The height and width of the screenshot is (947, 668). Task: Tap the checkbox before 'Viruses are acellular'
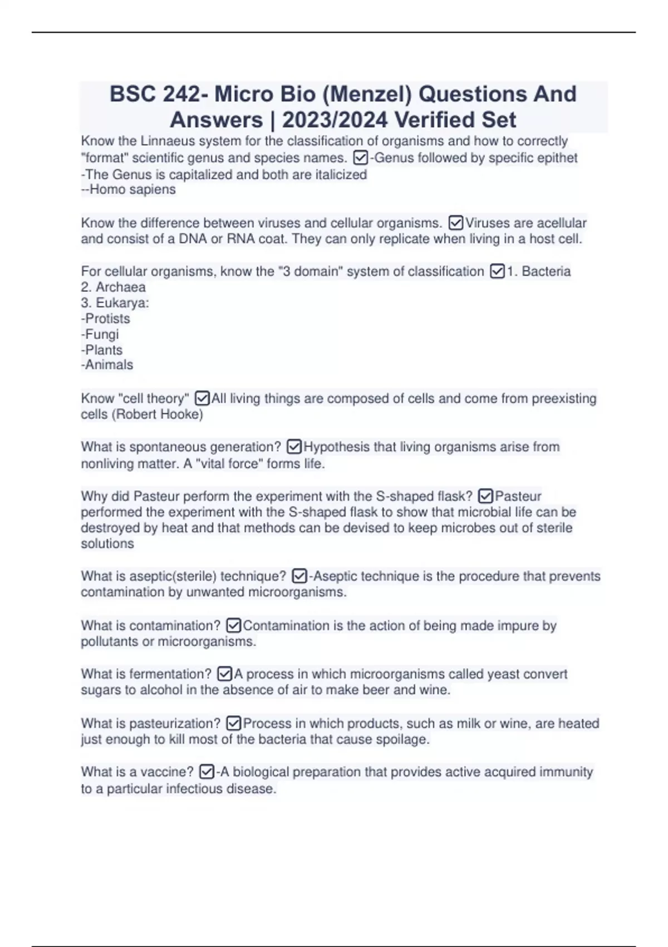point(455,223)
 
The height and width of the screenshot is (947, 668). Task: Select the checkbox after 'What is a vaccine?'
point(207,772)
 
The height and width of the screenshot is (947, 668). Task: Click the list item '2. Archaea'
point(114,287)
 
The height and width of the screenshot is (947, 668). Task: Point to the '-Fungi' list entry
point(100,334)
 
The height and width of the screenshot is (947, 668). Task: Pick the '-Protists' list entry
point(106,319)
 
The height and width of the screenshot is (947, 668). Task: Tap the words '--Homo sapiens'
point(129,189)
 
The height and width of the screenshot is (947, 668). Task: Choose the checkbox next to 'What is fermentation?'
point(224,674)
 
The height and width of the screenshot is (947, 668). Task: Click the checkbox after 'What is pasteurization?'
point(234,724)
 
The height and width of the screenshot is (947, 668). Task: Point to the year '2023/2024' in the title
point(334,120)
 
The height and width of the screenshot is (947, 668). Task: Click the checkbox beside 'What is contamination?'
point(234,626)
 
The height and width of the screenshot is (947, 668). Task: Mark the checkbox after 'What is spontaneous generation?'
point(294,447)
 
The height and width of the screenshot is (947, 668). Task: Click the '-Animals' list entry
point(107,365)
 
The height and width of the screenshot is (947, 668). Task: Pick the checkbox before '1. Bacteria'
point(497,272)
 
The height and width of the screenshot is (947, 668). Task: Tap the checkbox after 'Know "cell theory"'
point(202,399)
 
